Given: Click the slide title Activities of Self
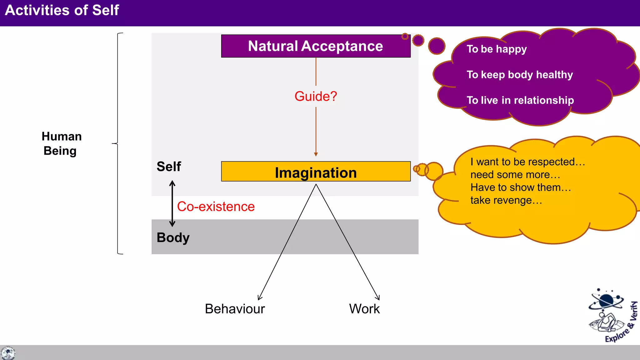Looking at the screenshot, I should [x=62, y=10].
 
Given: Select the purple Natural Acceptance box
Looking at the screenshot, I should [x=316, y=46].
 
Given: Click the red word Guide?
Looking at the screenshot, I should [x=316, y=96].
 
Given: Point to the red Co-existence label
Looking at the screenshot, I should [x=216, y=207].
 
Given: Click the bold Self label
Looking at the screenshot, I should [x=169, y=167].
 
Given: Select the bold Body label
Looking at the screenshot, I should [x=173, y=237].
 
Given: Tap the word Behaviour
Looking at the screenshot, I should [x=235, y=309].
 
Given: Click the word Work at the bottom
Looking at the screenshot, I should [x=364, y=309].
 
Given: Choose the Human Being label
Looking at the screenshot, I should [x=62, y=144].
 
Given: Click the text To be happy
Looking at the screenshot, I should [x=497, y=49].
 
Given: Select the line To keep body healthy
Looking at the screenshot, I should [x=520, y=75].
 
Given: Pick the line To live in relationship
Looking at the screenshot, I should [x=520, y=100].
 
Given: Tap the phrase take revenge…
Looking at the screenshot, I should [x=506, y=200].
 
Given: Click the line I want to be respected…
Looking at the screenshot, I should [x=527, y=162].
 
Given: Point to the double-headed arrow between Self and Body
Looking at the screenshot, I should [x=172, y=203].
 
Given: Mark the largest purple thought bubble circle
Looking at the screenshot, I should [x=437, y=46].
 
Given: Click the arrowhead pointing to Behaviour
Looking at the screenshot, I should [x=259, y=298].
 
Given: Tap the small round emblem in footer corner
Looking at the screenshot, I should [x=8, y=353].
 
